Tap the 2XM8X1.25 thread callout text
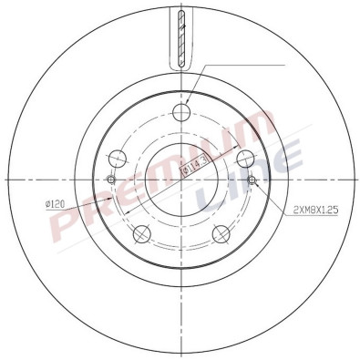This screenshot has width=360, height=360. point(316,210)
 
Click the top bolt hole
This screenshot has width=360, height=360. point(180,113)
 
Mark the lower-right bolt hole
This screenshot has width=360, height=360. point(219,235)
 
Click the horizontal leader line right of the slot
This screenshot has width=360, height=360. point(246,66)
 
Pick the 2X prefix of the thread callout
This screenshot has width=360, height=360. point(299,210)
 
